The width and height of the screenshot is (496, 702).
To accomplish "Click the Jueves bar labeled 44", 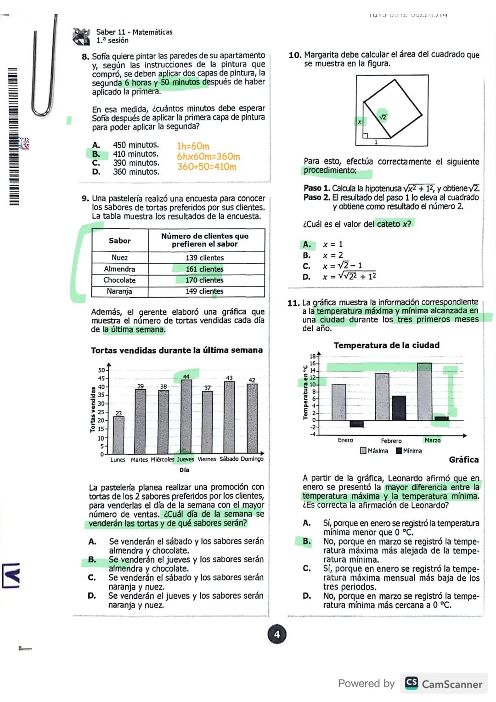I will click(186, 416).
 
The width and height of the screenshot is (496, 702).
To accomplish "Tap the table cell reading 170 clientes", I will click(204, 280).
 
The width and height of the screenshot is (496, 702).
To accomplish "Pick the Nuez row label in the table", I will click(119, 258).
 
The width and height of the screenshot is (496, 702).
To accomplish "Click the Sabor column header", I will click(119, 241).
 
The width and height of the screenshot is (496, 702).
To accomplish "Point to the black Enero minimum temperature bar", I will click(356, 424).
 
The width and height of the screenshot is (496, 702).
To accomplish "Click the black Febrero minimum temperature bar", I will click(398, 408).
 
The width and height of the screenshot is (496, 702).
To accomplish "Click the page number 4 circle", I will click(276, 634).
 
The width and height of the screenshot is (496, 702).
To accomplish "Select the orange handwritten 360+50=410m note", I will click(207, 167).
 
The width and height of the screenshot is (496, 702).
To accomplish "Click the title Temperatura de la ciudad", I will click(386, 345).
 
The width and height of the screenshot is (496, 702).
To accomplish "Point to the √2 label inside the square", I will click(383, 117).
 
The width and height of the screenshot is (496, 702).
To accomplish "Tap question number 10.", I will click(295, 55).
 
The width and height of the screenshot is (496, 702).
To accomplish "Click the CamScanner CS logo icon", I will click(411, 683).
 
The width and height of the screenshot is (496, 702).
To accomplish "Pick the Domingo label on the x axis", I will click(252, 459).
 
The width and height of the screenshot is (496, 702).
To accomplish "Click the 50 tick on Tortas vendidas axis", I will click(101, 370).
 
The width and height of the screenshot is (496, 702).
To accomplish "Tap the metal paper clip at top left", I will click(44, 69).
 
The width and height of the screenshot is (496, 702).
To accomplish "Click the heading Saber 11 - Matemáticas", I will click(134, 32).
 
